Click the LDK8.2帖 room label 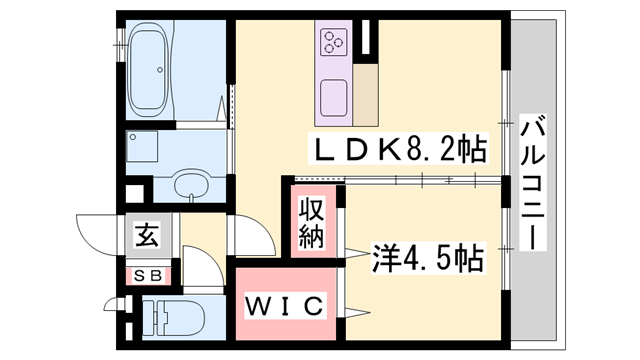coord(400,151)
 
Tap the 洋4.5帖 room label coord(429,259)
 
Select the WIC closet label coord(285,305)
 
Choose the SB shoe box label coord(146,273)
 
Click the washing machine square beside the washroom coord(146,151)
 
